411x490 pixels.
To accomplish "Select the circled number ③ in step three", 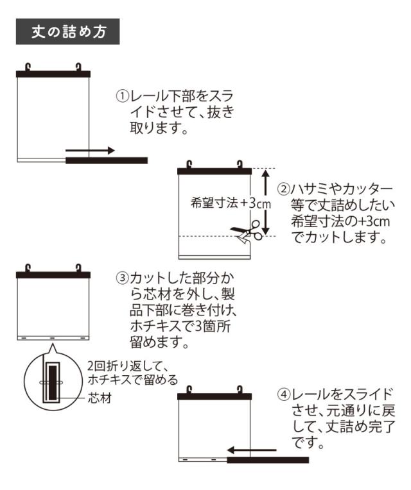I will tap(123, 279).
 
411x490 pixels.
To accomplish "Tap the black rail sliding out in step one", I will tap(107, 160).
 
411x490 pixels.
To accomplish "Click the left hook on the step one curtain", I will tap(28, 66).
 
